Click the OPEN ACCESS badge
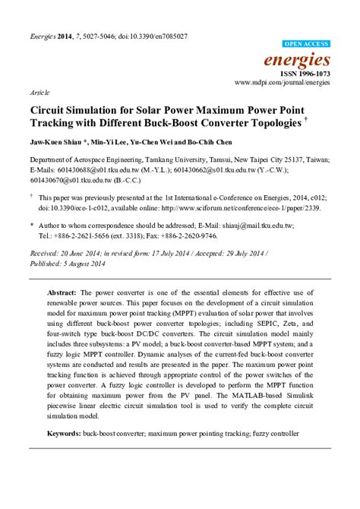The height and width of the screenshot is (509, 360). (306, 45)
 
